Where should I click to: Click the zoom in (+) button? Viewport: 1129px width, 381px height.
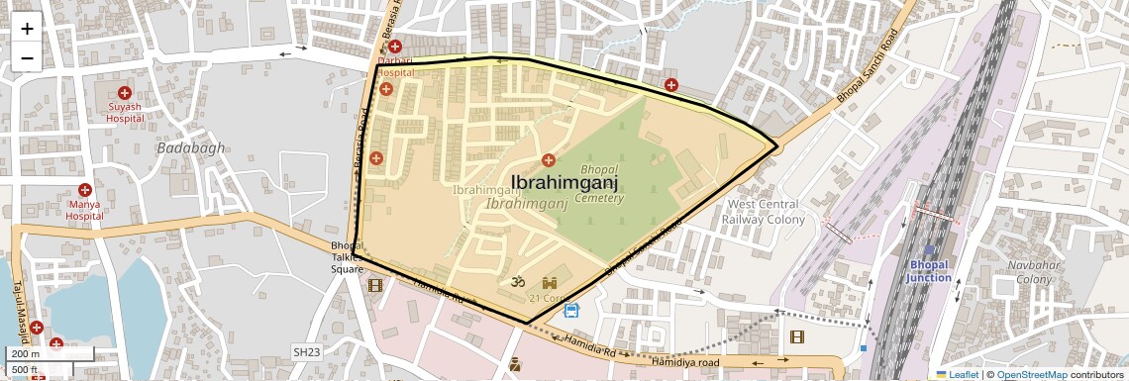27,29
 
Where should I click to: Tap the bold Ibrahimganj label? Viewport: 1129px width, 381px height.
564,182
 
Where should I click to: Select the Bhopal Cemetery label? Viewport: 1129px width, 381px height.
601,184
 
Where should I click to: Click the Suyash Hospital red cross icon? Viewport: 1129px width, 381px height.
124,93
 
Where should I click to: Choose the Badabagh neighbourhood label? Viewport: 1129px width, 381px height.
191,147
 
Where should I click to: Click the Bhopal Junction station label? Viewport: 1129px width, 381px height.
929,272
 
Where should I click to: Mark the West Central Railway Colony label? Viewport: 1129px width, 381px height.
766,211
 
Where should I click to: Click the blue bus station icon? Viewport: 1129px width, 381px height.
570,311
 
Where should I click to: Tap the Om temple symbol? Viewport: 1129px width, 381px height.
514,283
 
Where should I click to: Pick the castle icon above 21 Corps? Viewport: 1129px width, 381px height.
550,282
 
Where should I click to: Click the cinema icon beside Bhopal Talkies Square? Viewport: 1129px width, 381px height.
374,285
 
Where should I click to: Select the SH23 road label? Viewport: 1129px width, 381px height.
306,351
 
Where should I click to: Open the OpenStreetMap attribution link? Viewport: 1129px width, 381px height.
1031,374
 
